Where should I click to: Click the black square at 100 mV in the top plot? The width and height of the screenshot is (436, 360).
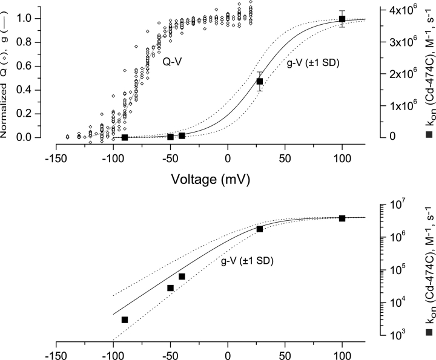click(342, 19)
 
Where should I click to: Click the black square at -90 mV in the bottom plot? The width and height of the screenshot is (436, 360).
click(125, 319)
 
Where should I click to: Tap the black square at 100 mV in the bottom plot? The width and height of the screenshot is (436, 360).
click(342, 218)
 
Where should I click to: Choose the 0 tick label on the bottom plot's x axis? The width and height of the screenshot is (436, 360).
click(228, 357)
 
